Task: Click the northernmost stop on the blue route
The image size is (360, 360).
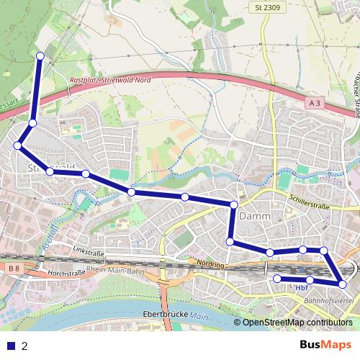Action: (40, 55)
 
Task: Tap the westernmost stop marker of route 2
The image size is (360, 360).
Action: (18, 146)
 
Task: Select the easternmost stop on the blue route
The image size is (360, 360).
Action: (342, 284)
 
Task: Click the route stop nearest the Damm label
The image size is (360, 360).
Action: (233, 205)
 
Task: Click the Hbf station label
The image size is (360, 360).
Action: (301, 288)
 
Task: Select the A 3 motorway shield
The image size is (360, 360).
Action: (314, 104)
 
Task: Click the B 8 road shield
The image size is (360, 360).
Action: (14, 269)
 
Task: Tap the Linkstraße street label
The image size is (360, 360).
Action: (89, 253)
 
